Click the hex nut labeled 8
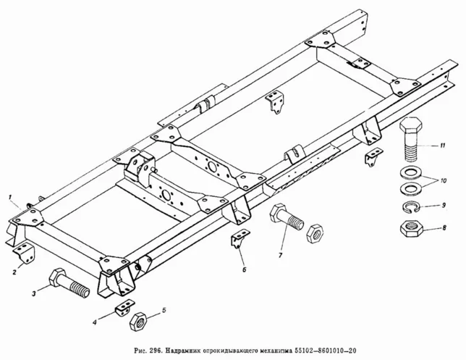click(x=412, y=231)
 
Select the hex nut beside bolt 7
click(x=316, y=234)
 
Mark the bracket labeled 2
click(x=25, y=254)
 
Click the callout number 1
click(x=9, y=196)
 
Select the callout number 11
click(x=442, y=146)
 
